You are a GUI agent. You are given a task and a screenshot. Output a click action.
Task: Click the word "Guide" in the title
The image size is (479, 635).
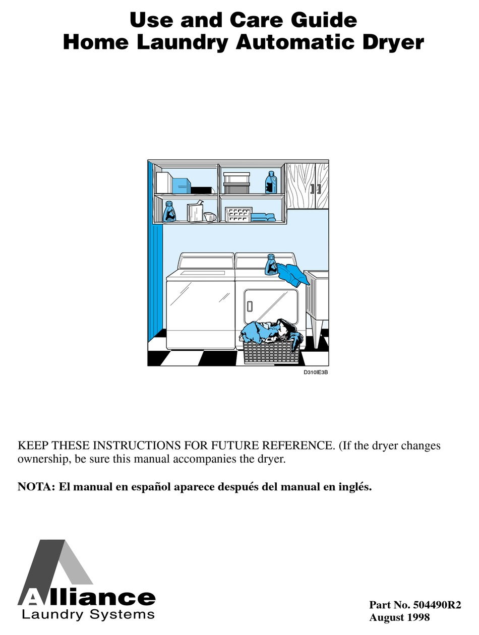[x=324, y=20]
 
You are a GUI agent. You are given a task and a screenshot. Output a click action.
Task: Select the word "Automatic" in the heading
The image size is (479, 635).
[x=295, y=42]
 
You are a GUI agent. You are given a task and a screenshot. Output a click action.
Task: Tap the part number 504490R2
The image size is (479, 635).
[x=437, y=604]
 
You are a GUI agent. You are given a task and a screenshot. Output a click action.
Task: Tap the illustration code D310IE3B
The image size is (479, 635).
[x=316, y=372]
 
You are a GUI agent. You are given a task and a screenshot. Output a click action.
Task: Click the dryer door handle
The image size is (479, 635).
[x=250, y=306]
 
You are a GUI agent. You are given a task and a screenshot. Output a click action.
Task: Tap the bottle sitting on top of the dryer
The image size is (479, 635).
[x=271, y=265]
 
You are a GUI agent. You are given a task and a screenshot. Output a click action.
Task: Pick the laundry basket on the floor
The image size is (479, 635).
[x=271, y=352]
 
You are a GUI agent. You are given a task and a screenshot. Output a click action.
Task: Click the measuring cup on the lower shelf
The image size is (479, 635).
[x=210, y=216]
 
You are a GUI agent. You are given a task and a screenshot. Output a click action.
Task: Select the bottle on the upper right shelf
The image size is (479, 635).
[x=271, y=182]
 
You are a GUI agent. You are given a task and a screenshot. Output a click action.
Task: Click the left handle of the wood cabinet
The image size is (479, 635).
[x=312, y=188]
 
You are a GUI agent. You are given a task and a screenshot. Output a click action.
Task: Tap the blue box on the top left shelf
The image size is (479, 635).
[x=182, y=185]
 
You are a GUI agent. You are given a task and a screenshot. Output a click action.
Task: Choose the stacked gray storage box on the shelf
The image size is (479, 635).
[x=236, y=183]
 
